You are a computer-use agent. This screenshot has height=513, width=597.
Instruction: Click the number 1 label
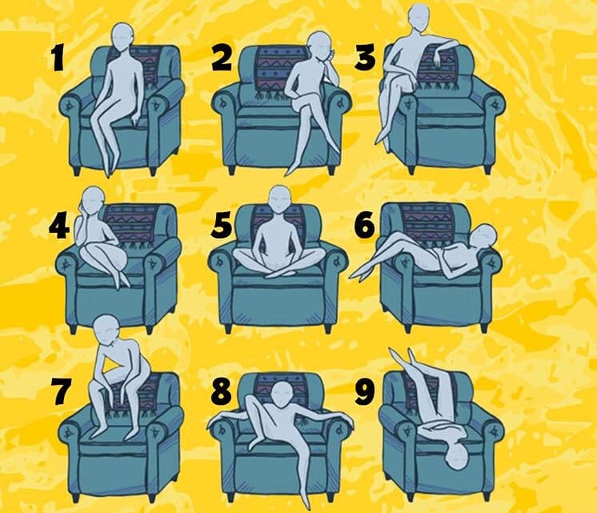pyautogui.click(x=58, y=58)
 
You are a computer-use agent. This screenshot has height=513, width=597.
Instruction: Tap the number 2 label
pyautogui.click(x=222, y=58)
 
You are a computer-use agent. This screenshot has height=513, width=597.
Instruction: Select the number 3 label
pyautogui.click(x=365, y=58)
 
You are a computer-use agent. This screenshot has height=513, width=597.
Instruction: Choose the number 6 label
pyautogui.click(x=364, y=226)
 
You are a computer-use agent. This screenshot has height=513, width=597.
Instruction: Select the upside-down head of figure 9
pyautogui.click(x=458, y=459)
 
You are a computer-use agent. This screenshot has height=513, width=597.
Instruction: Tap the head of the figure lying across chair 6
pyautogui.click(x=483, y=236)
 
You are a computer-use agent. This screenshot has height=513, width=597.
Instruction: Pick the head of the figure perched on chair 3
pyautogui.click(x=419, y=16)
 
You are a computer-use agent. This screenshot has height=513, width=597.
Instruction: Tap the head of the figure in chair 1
pyautogui.click(x=123, y=38)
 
